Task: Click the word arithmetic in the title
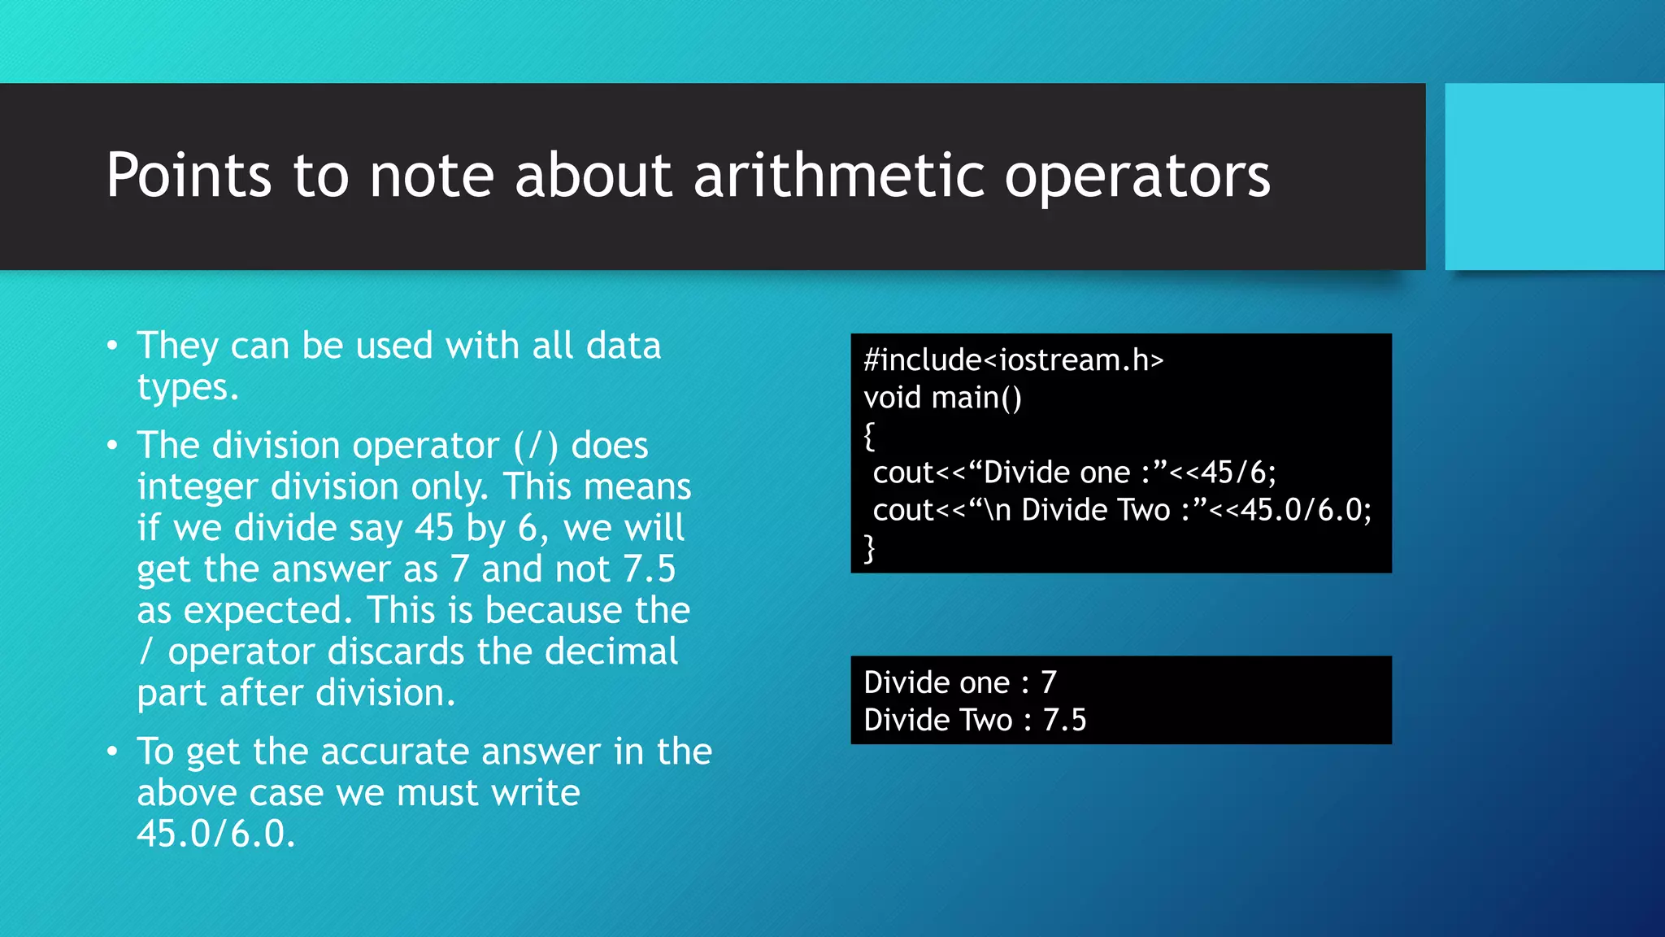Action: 837,176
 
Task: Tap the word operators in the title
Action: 1137,177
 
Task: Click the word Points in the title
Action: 189,176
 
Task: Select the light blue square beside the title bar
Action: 1554,177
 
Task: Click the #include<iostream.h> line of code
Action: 1013,360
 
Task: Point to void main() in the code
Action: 942,398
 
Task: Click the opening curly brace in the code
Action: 869,436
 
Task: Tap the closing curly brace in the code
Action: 869,548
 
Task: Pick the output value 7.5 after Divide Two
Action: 1064,720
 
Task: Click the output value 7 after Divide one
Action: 1049,682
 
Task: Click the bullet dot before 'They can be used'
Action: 112,346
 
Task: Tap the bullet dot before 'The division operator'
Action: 112,446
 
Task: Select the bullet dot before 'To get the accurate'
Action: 112,752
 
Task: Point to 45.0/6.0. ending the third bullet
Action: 215,834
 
